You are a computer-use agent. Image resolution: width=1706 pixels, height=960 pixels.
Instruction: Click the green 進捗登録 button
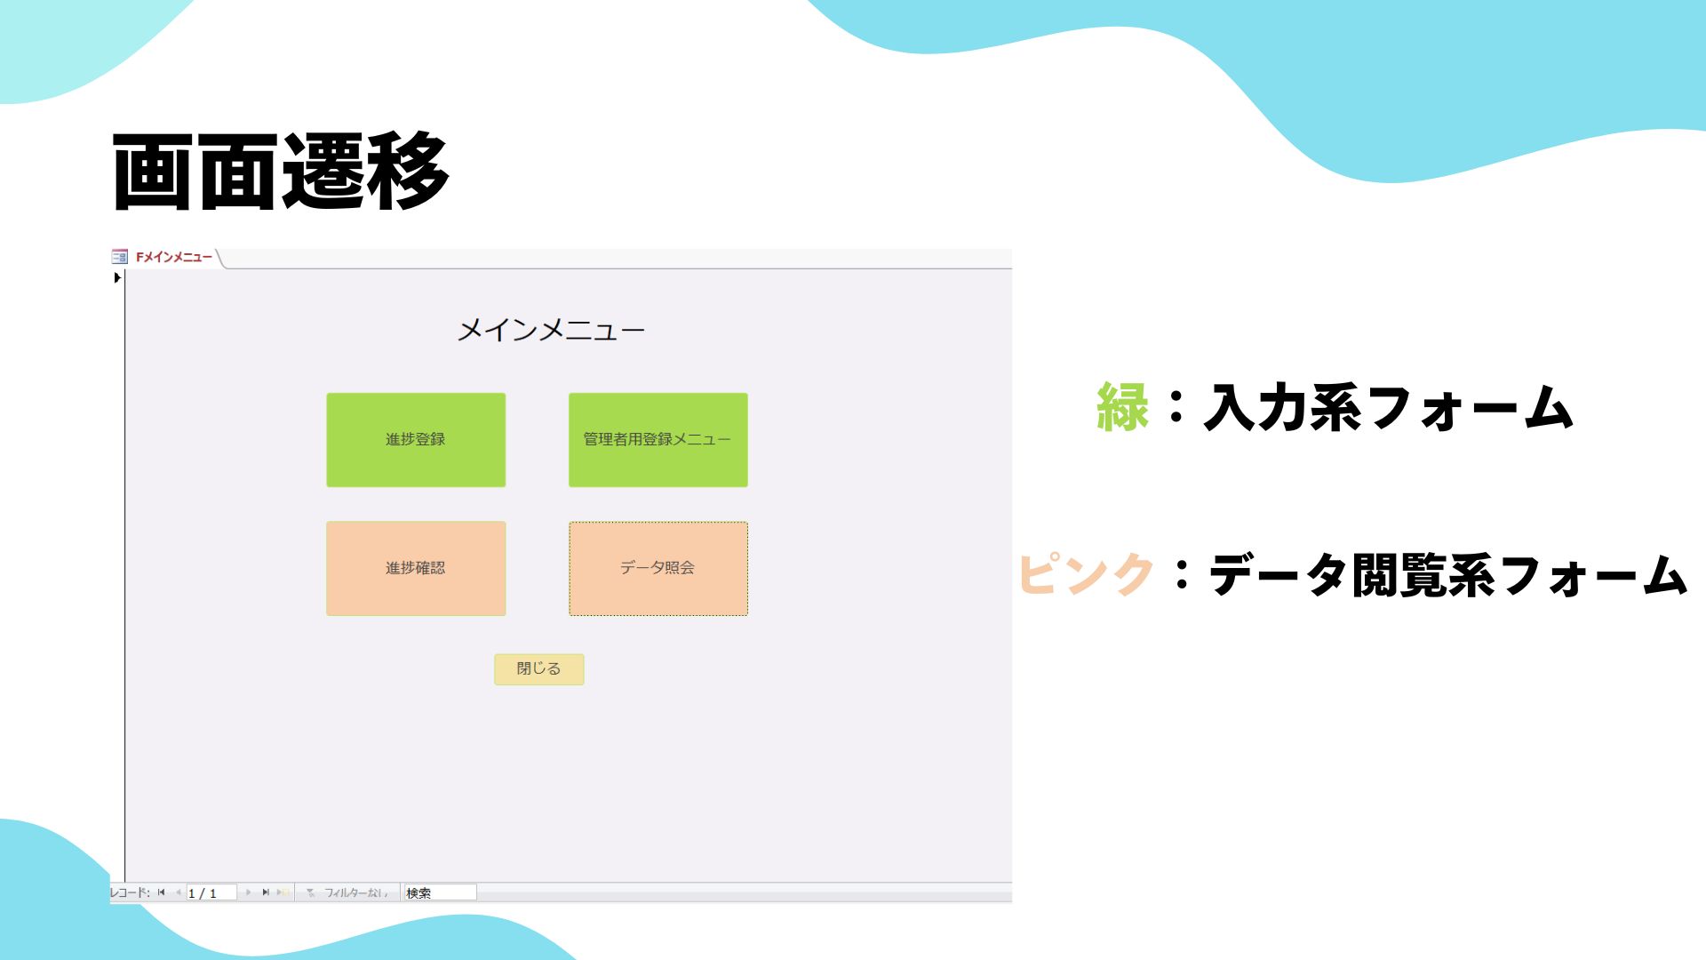click(416, 440)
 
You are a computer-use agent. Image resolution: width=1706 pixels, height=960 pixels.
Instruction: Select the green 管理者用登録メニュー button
click(658, 440)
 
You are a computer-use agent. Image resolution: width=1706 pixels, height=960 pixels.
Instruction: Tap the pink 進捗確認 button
click(416, 568)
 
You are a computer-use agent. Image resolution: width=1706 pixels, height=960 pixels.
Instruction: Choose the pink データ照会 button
click(658, 568)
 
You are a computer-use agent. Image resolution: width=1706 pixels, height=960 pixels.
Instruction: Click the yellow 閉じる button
click(539, 669)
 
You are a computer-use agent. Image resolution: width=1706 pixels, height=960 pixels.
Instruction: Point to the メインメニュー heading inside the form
click(551, 331)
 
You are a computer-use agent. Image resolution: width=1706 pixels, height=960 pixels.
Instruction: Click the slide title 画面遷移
click(281, 172)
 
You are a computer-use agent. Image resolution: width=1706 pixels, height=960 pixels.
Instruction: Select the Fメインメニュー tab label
click(174, 257)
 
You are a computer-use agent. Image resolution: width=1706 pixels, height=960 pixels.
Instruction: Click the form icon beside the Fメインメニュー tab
click(120, 257)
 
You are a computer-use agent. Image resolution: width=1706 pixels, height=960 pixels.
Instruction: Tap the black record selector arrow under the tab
click(117, 277)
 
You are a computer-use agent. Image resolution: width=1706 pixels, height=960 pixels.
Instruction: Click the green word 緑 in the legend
click(1123, 408)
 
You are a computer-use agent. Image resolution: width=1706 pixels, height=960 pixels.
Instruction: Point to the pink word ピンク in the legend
click(1086, 574)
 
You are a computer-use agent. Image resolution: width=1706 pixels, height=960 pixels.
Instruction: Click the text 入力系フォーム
click(1389, 408)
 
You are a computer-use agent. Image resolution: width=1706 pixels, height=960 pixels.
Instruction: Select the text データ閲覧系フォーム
click(1448, 574)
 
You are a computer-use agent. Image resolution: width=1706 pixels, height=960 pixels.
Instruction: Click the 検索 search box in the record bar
click(440, 892)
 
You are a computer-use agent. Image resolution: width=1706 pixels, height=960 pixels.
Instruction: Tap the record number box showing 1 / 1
click(211, 892)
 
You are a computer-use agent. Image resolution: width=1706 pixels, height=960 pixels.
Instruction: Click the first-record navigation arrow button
click(162, 892)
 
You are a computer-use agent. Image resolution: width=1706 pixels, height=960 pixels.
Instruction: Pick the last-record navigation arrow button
click(265, 892)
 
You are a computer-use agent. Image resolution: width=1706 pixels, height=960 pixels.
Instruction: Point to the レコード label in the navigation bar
click(130, 892)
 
